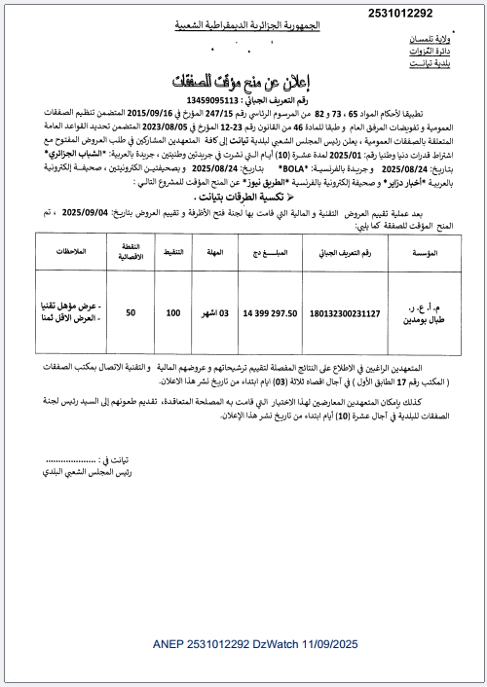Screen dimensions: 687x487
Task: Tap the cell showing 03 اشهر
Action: tap(215, 314)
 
